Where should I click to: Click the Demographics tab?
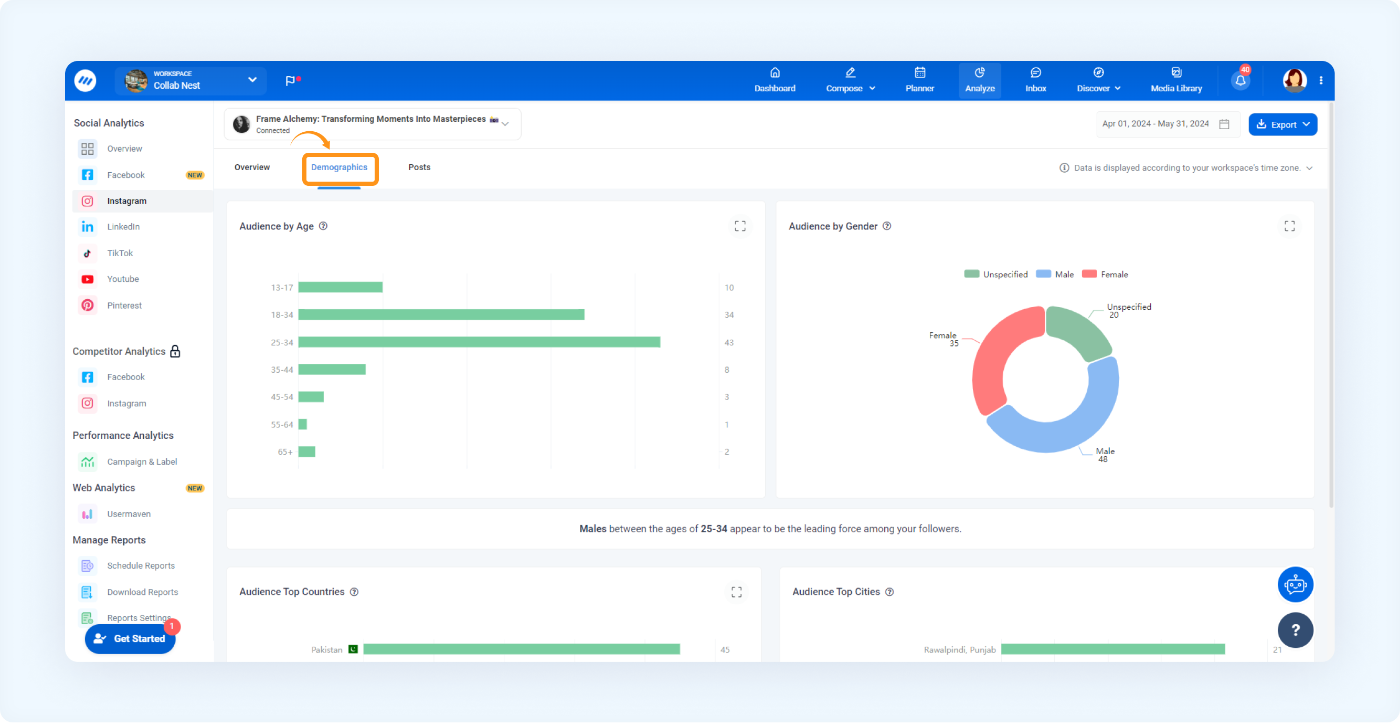[x=339, y=167]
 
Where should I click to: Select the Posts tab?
[x=419, y=167]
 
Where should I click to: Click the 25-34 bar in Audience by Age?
[x=479, y=343]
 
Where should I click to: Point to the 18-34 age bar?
[x=441, y=315]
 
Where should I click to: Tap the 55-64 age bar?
[x=302, y=425]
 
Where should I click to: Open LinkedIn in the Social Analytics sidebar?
[x=123, y=227]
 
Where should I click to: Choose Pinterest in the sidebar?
[x=124, y=306]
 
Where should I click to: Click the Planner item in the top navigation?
[x=919, y=80]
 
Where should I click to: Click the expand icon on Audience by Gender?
[x=1289, y=226]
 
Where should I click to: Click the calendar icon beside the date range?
[x=1224, y=124]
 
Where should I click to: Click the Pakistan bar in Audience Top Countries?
[x=522, y=649]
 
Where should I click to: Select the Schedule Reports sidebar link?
[x=141, y=566]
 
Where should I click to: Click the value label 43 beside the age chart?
[x=729, y=343]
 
